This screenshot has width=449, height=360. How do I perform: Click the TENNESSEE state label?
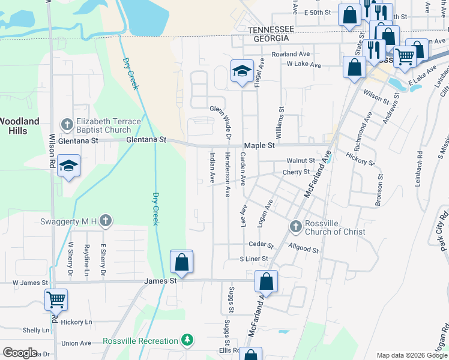[271, 29]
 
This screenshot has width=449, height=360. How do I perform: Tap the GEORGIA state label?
[272, 38]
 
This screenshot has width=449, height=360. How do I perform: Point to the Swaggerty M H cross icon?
[106, 221]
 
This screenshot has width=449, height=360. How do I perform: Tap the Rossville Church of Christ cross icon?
[295, 226]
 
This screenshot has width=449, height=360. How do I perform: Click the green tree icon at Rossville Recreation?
[188, 341]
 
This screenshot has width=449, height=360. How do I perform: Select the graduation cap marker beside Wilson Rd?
[69, 166]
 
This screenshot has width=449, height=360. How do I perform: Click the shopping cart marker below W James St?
[56, 298]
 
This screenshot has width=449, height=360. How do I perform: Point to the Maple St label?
[259, 146]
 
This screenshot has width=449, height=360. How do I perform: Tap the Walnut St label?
[300, 161]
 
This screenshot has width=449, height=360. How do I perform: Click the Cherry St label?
[295, 172]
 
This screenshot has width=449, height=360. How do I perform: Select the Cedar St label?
[261, 245]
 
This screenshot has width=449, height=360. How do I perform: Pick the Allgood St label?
[303, 247]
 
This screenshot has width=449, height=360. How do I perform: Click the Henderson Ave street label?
[228, 174]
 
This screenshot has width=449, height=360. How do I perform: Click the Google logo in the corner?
[20, 353]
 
